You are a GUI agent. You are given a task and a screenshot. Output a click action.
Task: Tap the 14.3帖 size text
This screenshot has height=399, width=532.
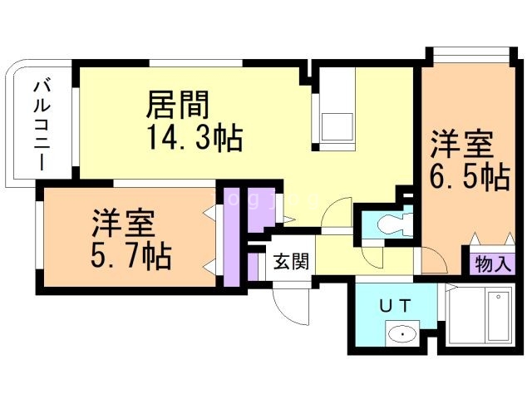point(195,136)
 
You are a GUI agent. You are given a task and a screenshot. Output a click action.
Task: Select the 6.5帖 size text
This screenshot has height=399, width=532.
point(470,177)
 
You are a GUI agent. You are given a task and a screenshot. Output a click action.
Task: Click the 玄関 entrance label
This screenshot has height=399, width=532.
point(291,262)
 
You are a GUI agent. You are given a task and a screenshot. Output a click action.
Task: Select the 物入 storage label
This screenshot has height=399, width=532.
point(494,265)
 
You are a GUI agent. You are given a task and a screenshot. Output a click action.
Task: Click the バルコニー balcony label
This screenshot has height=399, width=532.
point(40,125)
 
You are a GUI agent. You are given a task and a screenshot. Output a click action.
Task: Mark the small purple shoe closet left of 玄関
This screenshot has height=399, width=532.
point(252,264)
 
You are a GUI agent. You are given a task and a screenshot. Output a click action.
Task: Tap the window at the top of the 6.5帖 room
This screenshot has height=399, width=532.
point(470,56)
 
